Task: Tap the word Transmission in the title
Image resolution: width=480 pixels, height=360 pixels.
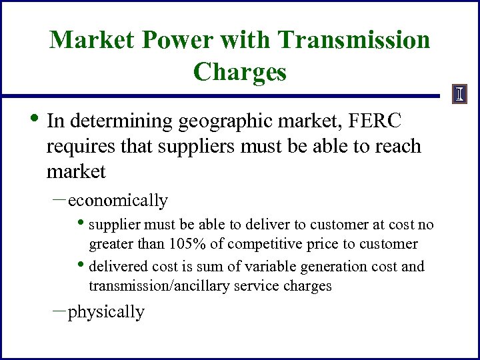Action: (x=355, y=40)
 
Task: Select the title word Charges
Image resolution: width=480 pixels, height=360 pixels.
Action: (x=239, y=71)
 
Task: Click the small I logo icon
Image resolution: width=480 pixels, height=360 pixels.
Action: (x=459, y=95)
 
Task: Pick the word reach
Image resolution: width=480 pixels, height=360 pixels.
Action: (x=395, y=147)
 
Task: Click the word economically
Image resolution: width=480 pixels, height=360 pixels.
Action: (x=118, y=201)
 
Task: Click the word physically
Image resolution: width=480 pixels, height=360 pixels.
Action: (x=107, y=312)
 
